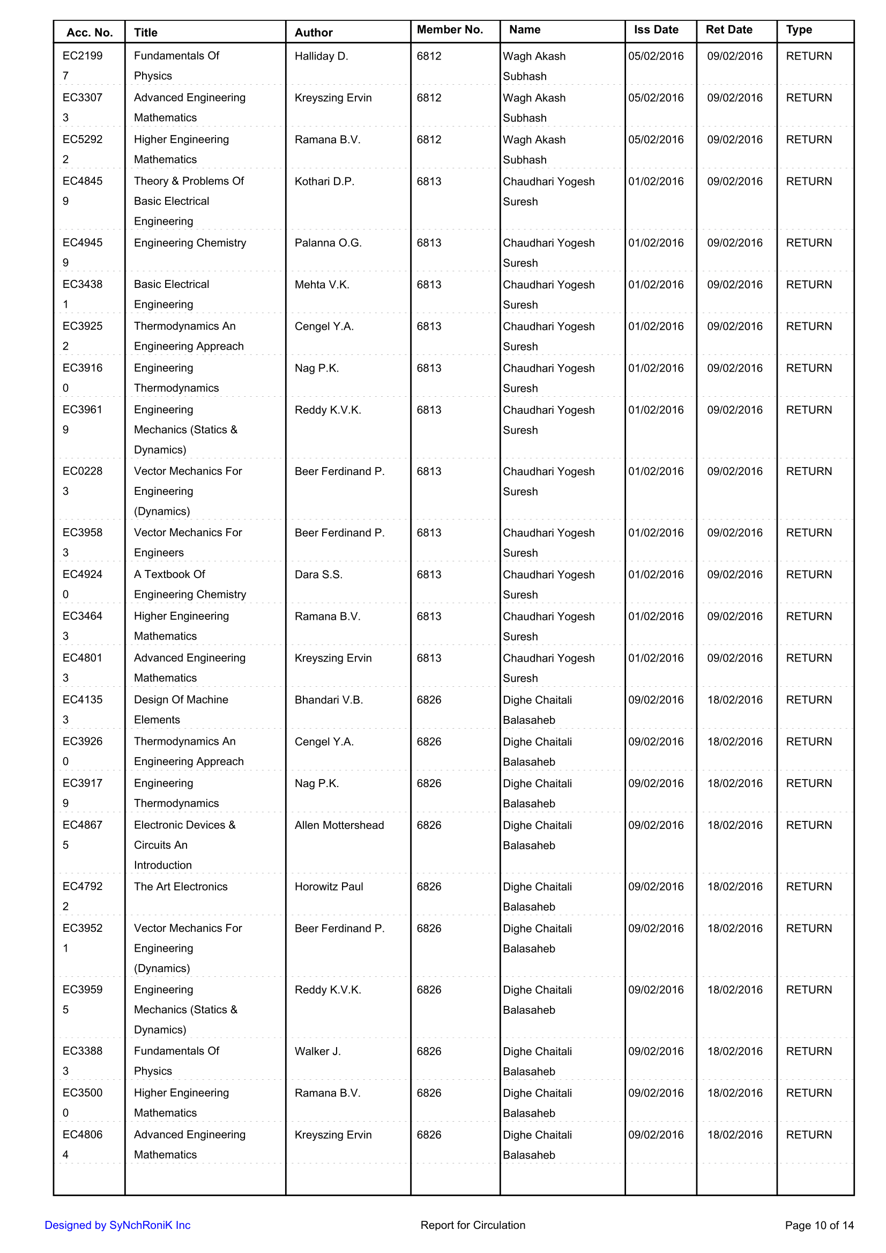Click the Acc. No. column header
click(x=90, y=33)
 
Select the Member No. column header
click(x=450, y=30)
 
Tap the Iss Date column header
click(x=656, y=30)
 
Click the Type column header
click(x=799, y=30)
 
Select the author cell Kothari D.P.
click(x=324, y=181)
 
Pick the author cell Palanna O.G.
click(x=328, y=243)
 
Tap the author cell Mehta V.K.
click(x=322, y=285)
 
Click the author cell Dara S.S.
click(x=318, y=575)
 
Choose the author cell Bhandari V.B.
click(x=329, y=700)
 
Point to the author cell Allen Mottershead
click(x=339, y=825)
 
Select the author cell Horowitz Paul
click(x=329, y=887)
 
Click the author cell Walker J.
click(x=317, y=1051)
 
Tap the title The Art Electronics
click(x=181, y=887)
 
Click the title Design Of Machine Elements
click(x=181, y=709)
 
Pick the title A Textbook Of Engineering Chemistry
click(x=189, y=584)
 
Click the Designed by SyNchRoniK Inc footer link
click(x=117, y=1225)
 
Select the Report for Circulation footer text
click(x=472, y=1225)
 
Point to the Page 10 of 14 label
click(x=819, y=1226)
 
